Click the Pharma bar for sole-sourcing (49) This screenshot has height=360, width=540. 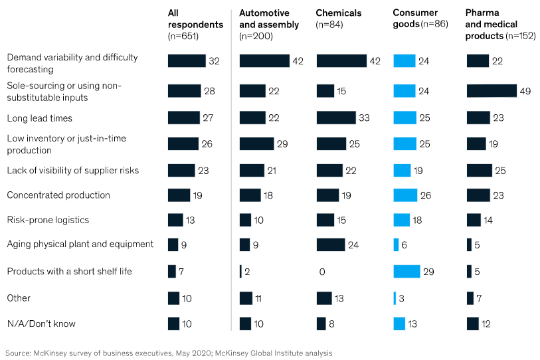tap(492, 91)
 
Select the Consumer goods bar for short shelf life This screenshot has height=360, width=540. tap(406, 272)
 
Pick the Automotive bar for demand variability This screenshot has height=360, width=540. tap(264, 61)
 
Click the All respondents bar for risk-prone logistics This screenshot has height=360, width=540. tap(175, 220)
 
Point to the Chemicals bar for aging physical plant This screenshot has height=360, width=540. tap(331, 244)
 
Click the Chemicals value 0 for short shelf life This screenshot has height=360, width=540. tap(321, 272)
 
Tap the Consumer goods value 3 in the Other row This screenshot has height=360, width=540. tap(401, 298)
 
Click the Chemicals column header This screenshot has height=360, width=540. tap(339, 13)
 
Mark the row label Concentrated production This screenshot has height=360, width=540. tap(58, 195)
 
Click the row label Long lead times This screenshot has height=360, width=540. tap(39, 118)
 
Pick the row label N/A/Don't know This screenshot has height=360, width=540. tap(41, 324)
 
